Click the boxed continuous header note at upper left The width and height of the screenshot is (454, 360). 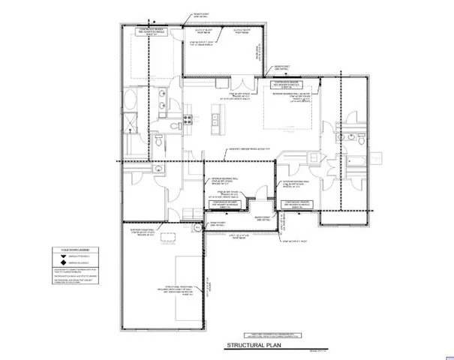[x=149, y=31]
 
